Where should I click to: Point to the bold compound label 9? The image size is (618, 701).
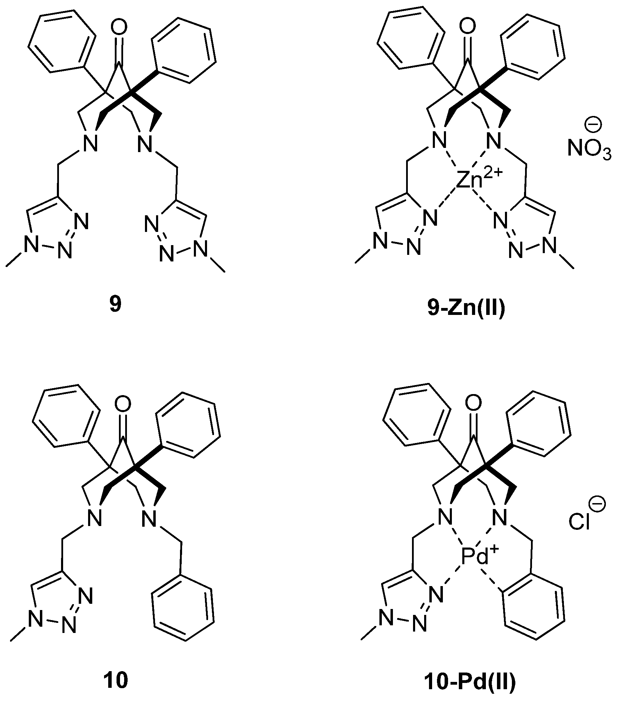click(115, 305)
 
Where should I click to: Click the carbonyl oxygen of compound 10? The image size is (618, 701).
click(123, 404)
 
